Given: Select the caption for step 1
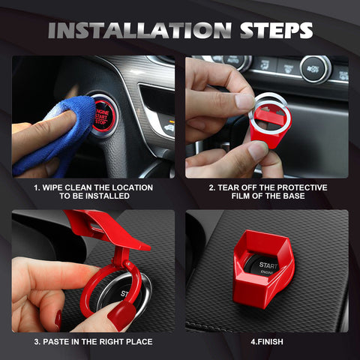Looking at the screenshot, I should pos(93,191).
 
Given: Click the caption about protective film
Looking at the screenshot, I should pos(267,191).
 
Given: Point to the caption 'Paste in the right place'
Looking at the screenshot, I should pos(93,341).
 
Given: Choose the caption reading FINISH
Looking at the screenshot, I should pos(267,341).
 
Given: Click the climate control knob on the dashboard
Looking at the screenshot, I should pos(316,68).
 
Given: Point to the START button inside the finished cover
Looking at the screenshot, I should pos(269,267).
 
